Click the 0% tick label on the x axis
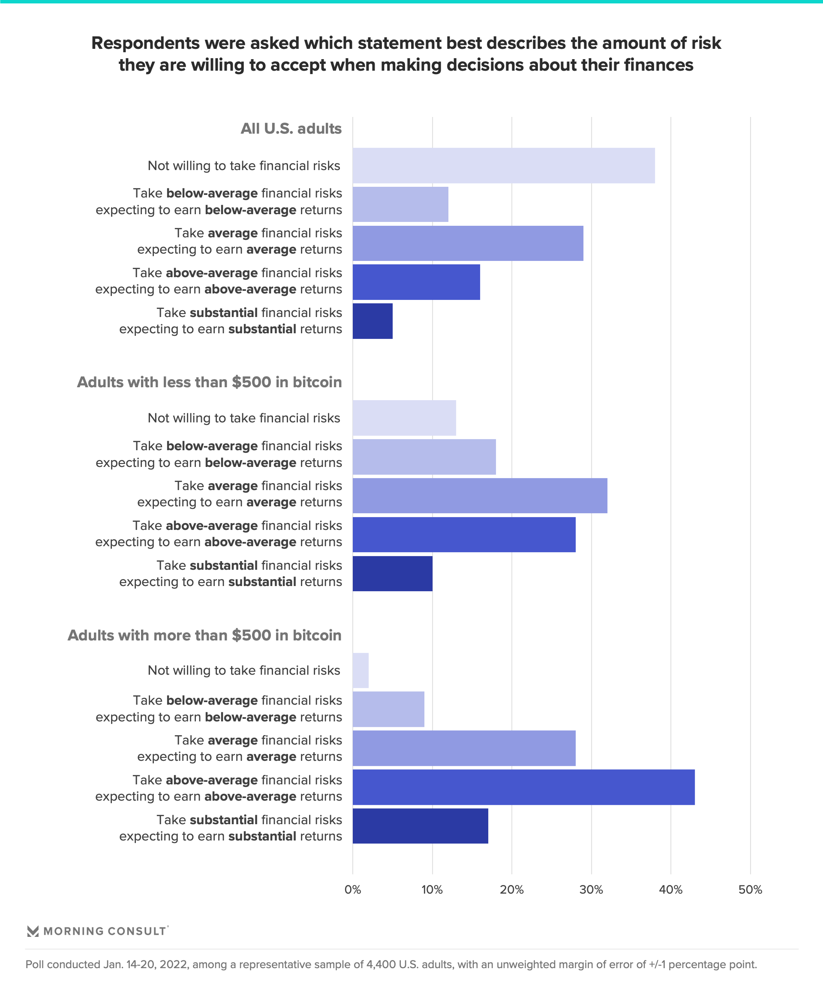[x=353, y=889]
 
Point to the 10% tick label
[x=432, y=889]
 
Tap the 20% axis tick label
[x=512, y=889]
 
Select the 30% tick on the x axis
[x=591, y=889]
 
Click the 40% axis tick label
[x=671, y=889]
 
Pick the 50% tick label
[x=750, y=889]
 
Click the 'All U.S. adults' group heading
[x=291, y=129]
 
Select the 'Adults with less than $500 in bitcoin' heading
[x=209, y=382]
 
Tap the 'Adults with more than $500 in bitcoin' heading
[x=204, y=635]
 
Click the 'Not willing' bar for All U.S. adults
[x=503, y=165]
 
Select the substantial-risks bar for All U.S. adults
[x=372, y=321]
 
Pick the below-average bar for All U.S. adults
[x=400, y=204]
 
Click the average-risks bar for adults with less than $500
[x=480, y=495]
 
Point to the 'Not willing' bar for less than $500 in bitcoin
[x=404, y=418]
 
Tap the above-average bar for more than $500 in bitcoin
[x=523, y=787]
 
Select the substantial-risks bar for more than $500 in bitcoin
[x=420, y=826]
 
